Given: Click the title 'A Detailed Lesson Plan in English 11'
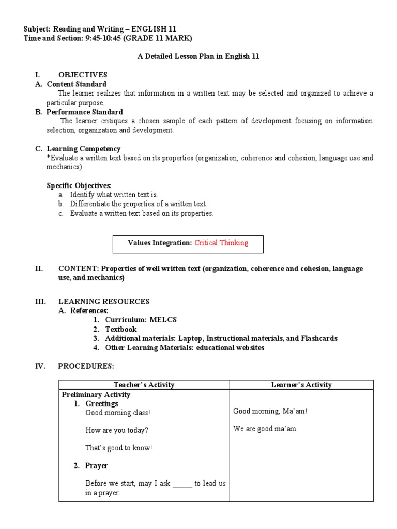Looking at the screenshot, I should [x=198, y=57].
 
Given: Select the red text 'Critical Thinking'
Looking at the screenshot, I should [x=221, y=243].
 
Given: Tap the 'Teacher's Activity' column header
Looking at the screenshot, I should [x=144, y=385].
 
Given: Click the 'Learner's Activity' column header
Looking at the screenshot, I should [x=301, y=385].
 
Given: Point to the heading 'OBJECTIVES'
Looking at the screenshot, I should [x=83, y=75].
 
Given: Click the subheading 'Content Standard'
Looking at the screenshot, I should [x=77, y=84].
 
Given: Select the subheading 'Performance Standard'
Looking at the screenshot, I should [x=85, y=112].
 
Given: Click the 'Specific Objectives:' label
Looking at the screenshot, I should [x=79, y=185].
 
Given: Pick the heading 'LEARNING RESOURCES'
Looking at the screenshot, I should [x=104, y=301].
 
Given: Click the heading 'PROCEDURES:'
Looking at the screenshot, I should [x=86, y=366].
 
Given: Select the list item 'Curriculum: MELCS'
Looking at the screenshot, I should [x=141, y=320].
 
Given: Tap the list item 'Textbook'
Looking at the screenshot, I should [x=121, y=329].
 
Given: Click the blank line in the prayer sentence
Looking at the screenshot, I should [x=182, y=484].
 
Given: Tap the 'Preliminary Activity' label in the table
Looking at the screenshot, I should [x=96, y=394].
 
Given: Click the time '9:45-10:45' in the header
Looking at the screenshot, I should [x=102, y=38].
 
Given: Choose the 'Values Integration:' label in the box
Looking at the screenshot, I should [x=160, y=243].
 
